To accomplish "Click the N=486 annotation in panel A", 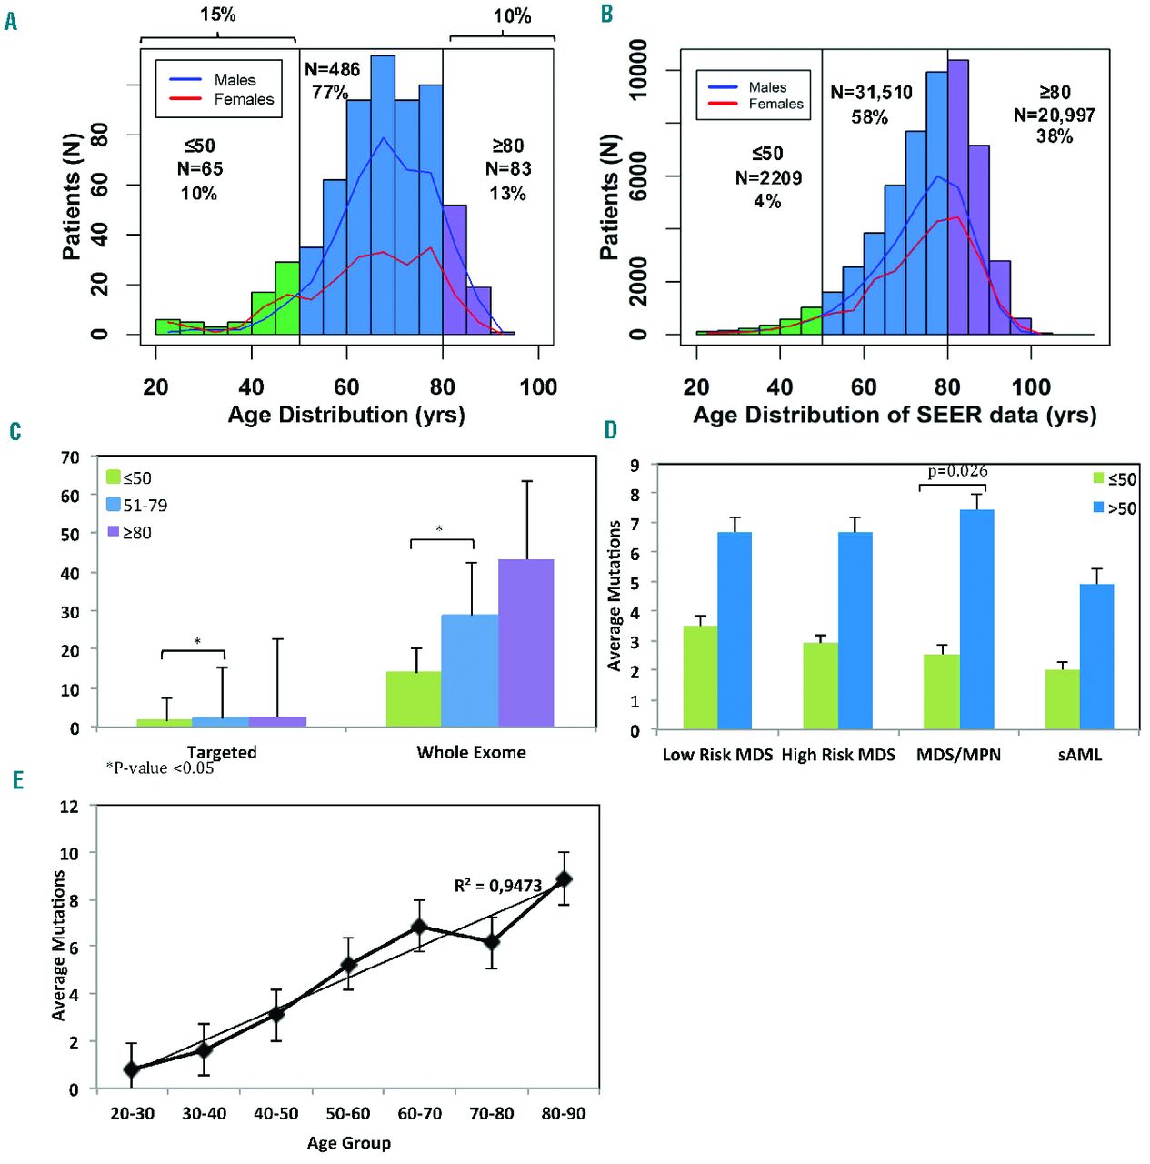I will tap(332, 70).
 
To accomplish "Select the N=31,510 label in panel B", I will tap(871, 93).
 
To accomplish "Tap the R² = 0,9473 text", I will tap(497, 886).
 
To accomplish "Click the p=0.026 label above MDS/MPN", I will tap(957, 471).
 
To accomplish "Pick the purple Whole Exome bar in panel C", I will tap(525, 643).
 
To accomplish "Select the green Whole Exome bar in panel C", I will tap(414, 699).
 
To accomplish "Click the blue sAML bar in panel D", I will tap(1096, 657).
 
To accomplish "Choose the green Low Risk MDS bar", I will tap(700, 677).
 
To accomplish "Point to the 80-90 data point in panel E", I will tap(564, 879).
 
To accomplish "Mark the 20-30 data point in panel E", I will tap(132, 1069).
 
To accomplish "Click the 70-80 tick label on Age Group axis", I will tap(491, 1114).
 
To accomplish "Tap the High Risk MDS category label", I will tap(838, 755).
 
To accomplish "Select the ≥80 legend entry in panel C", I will tap(129, 533).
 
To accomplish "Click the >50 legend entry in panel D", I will tap(1115, 508).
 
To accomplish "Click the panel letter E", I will tap(17, 780).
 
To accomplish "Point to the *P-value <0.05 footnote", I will tap(160, 768).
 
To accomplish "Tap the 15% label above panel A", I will tap(218, 15).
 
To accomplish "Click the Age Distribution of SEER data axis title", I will tap(895, 416).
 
